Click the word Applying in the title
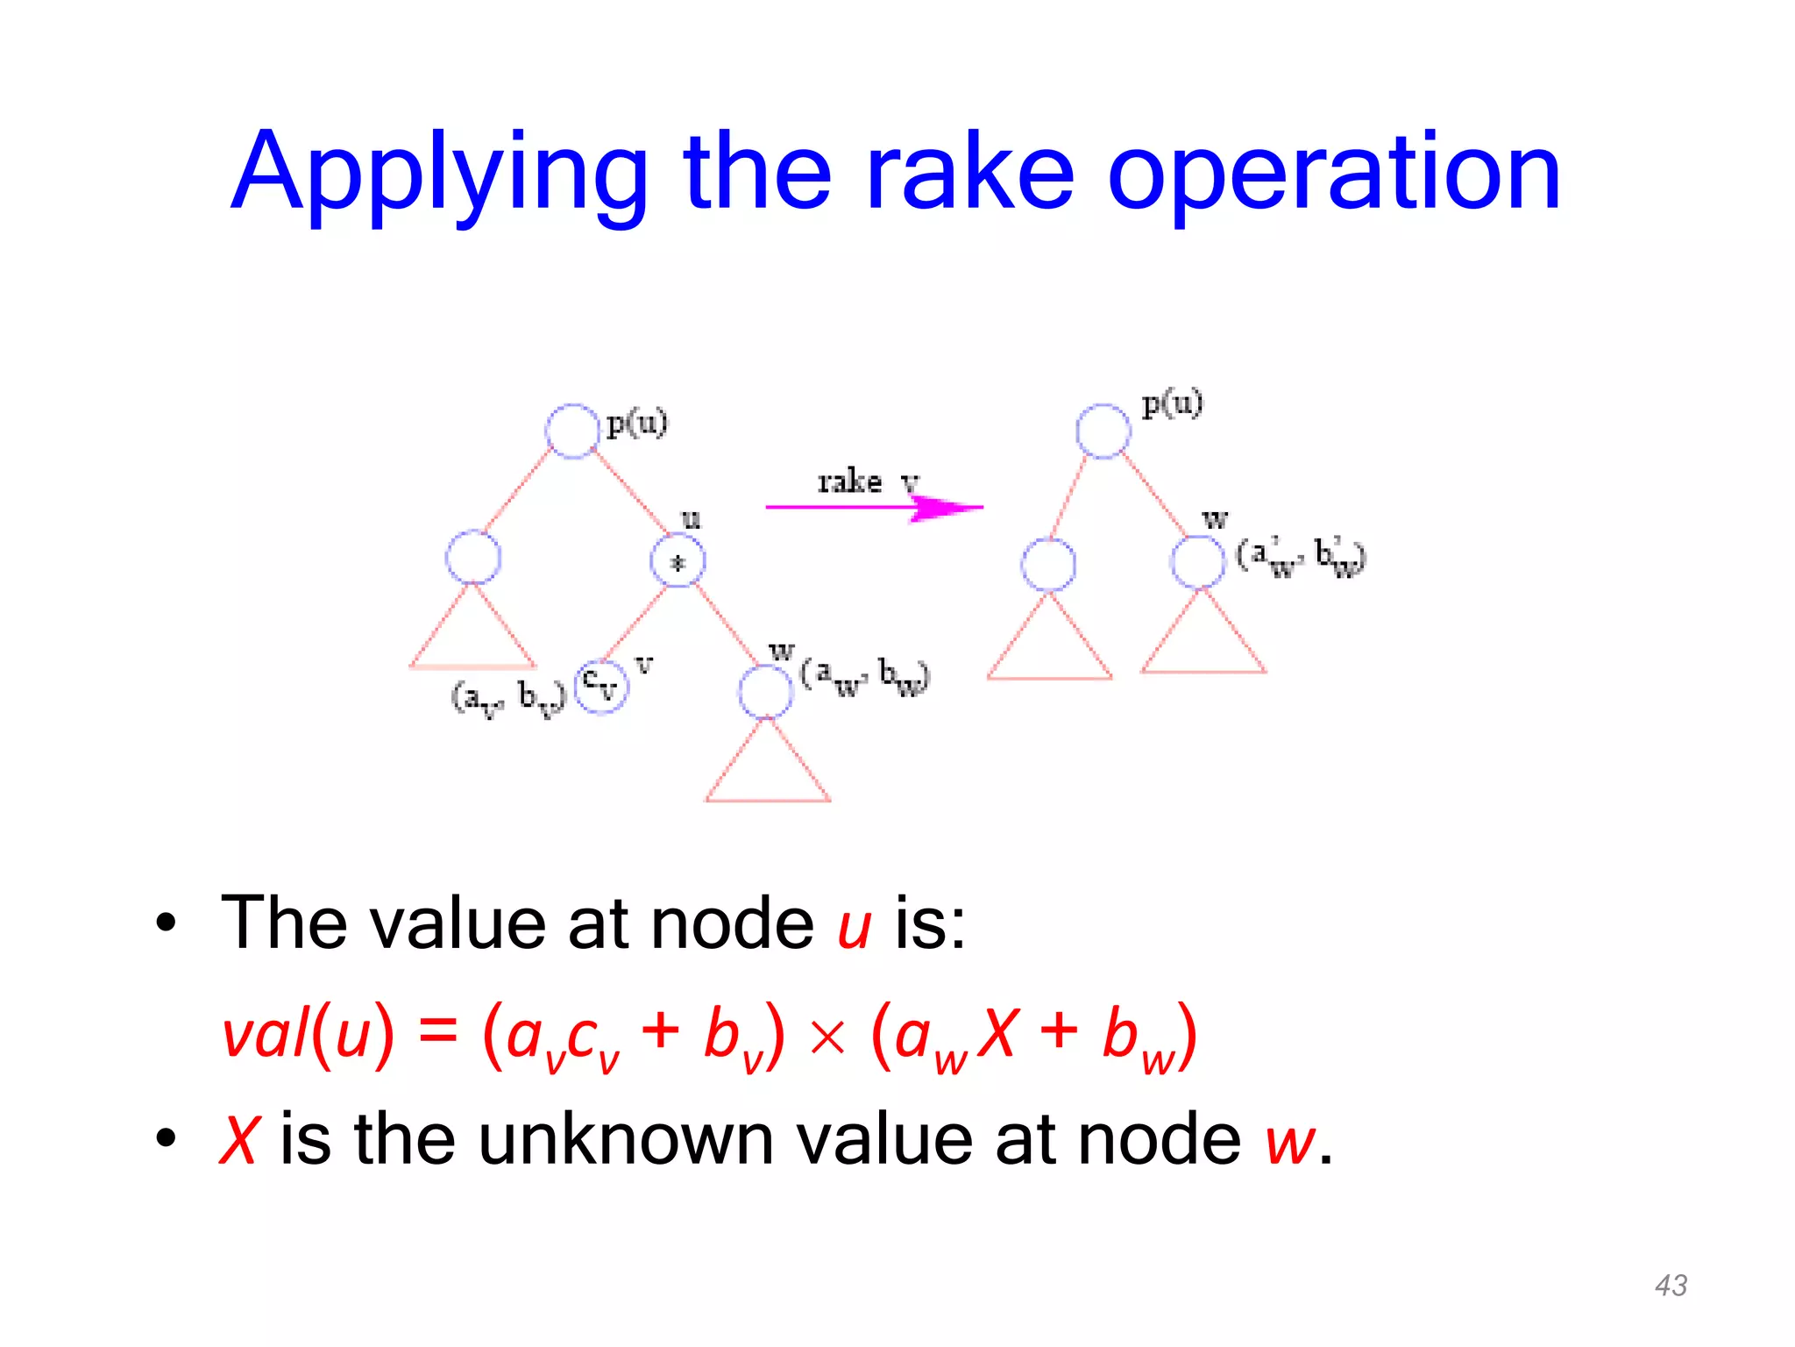point(438,173)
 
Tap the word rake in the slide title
point(969,173)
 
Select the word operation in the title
point(1333,173)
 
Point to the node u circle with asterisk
point(678,560)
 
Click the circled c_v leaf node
point(601,686)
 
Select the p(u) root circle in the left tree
point(572,431)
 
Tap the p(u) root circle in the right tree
point(1103,431)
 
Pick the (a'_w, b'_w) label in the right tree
point(1301,557)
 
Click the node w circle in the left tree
point(765,691)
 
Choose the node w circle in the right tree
point(1197,561)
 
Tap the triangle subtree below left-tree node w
point(768,767)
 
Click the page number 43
point(1671,1286)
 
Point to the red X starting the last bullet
point(238,1140)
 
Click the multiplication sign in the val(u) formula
point(827,1037)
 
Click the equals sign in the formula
point(438,1032)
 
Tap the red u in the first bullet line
point(854,927)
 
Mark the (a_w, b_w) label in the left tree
point(864,676)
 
